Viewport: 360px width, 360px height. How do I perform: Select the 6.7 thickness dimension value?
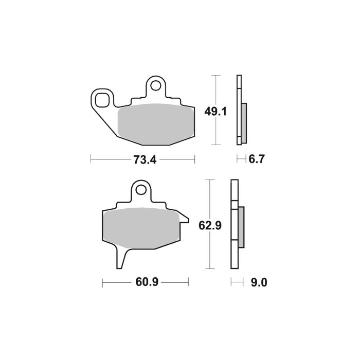point(256,160)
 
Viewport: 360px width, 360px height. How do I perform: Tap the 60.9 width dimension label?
point(146,282)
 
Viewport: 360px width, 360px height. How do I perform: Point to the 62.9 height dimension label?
point(209,225)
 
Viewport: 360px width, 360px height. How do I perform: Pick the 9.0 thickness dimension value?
point(257,282)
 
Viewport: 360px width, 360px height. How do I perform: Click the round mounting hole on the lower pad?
point(141,190)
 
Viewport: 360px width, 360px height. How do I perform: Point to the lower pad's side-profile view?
point(237,225)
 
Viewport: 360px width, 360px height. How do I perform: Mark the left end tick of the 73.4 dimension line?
point(91,160)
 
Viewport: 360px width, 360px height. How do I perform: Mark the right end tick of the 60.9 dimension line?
point(189,282)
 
